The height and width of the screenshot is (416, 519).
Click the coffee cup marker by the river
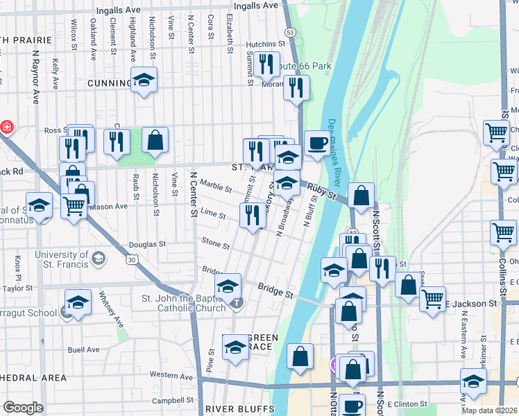[317, 144]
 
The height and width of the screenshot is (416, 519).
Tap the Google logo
[23, 408]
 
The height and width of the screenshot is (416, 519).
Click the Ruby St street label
[322, 191]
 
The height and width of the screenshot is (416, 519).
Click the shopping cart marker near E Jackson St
[432, 300]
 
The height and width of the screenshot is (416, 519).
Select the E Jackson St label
[472, 304]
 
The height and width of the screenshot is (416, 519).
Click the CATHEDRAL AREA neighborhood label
[31, 378]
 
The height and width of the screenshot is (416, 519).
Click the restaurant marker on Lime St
[251, 214]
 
